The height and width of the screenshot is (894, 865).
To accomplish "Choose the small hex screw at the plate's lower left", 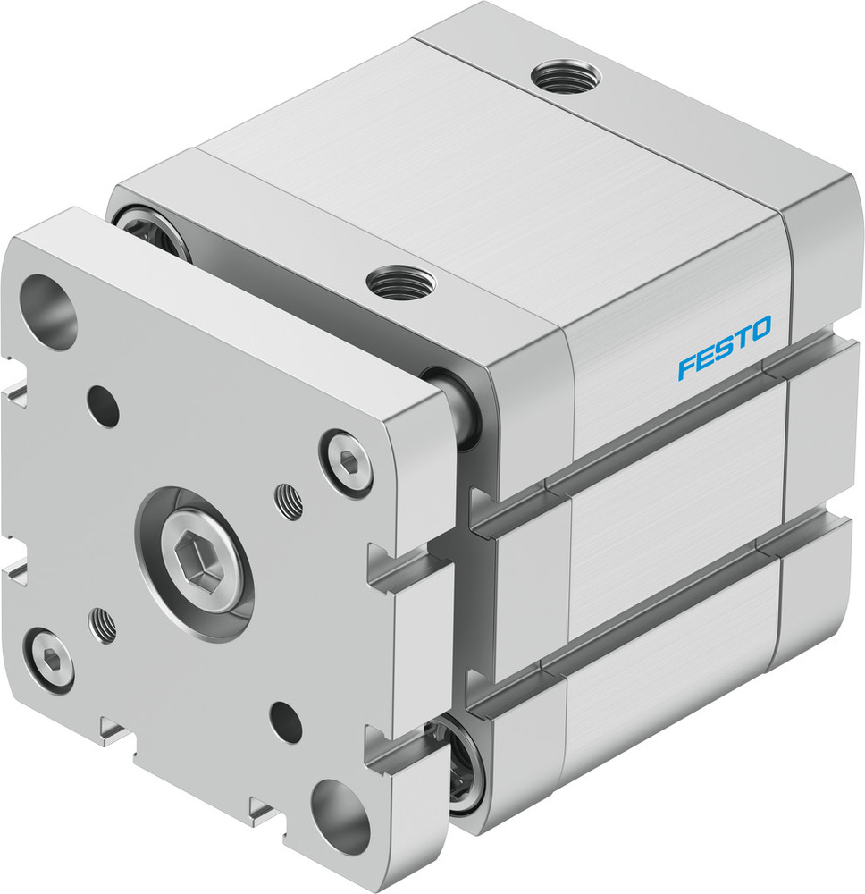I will click(50, 659).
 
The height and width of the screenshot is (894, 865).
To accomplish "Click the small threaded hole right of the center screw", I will click(289, 501).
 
